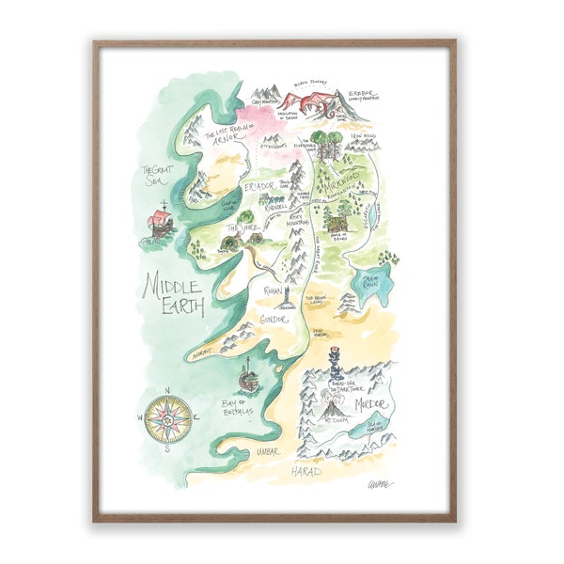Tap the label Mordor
click(x=372, y=404)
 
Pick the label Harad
click(x=305, y=468)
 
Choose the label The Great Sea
click(x=158, y=176)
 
